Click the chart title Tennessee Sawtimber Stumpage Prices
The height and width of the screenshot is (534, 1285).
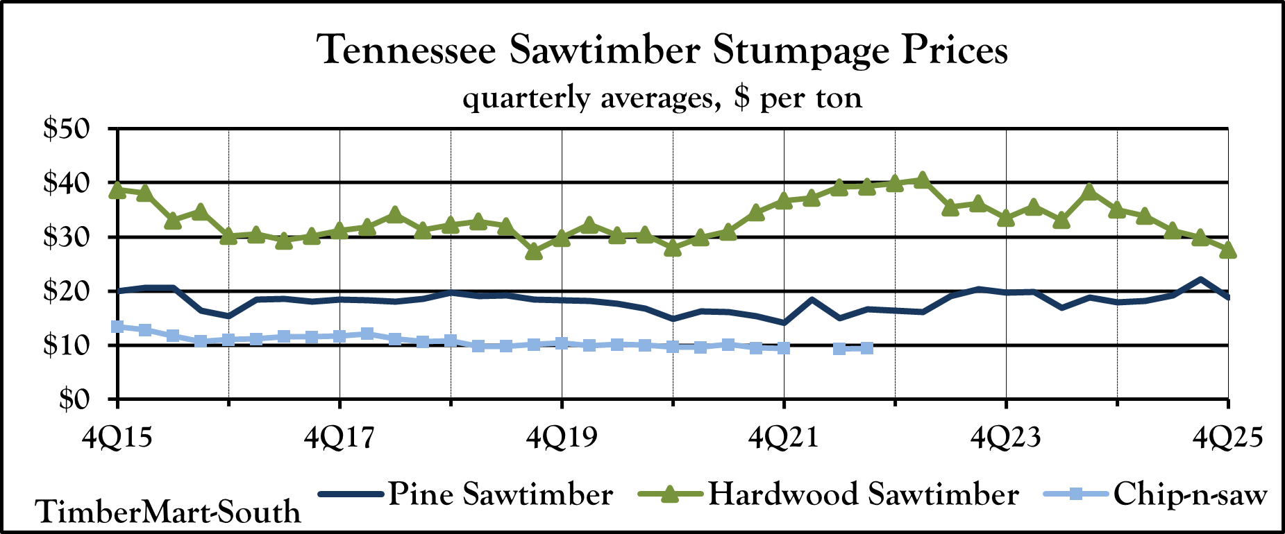pos(662,51)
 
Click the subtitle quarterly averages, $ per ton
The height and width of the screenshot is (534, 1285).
pos(662,98)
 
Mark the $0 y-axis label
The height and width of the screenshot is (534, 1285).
pos(80,399)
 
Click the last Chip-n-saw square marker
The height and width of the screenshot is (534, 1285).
pos(866,348)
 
